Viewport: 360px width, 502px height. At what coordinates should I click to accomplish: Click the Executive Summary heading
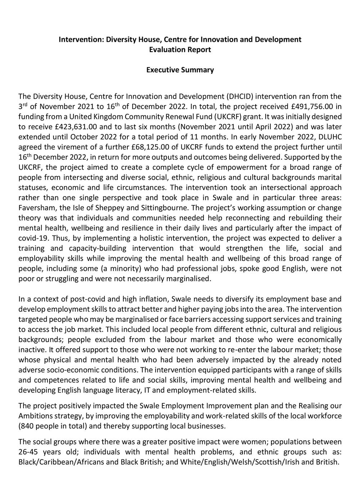(180, 70)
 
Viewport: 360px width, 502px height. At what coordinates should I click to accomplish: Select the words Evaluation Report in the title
(180, 49)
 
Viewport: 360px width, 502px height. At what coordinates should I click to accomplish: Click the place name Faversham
(35, 208)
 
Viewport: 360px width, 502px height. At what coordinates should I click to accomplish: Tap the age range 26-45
(29, 452)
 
